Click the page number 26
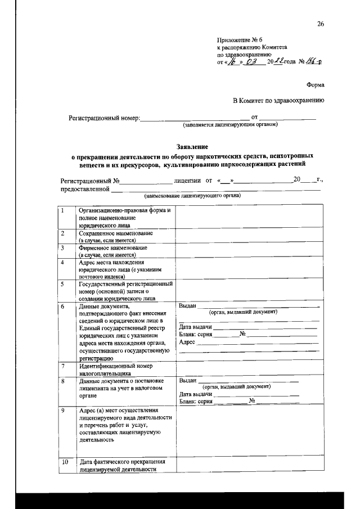tap(321, 24)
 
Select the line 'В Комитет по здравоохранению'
tap(279, 101)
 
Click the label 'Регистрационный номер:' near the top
tap(103, 119)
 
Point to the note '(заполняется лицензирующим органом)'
tap(231, 124)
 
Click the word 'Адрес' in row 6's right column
tap(186, 342)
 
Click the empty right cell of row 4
tap(250, 269)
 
